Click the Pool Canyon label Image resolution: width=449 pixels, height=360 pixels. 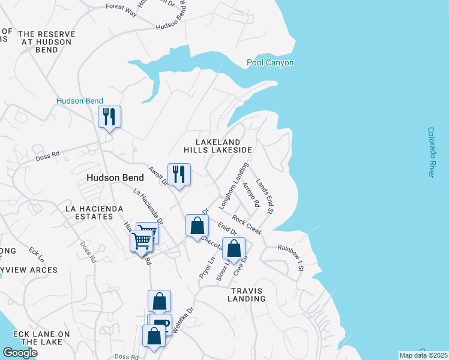(270, 63)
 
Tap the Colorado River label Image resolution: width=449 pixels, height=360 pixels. (431, 152)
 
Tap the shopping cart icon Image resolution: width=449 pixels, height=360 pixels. (142, 241)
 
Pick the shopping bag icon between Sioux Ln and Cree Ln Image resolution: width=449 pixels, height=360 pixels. (234, 248)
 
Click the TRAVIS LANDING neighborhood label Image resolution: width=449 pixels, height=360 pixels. (247, 294)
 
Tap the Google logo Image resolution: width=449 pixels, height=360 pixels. (20, 353)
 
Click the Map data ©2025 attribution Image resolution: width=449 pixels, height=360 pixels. (423, 355)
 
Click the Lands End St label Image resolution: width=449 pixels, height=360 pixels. (265, 196)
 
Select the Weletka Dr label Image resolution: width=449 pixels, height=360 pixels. (183, 320)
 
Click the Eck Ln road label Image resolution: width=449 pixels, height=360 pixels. (36, 256)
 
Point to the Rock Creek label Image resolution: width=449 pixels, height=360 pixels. (247, 225)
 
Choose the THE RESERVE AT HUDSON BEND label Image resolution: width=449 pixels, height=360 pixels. (45, 42)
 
